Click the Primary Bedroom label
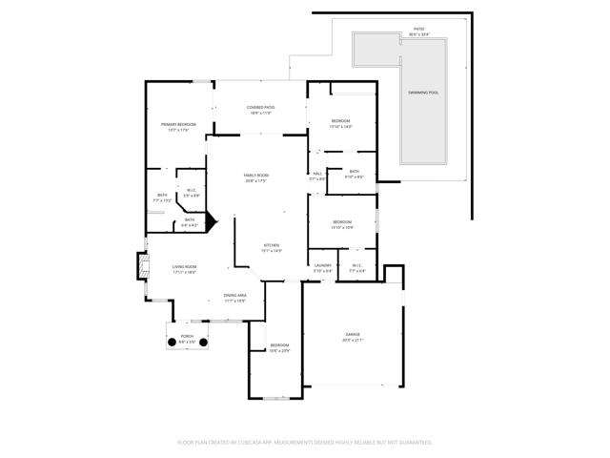click(178, 126)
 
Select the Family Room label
click(255, 177)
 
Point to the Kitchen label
click(272, 246)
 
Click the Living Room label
click(184, 268)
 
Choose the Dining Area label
click(235, 297)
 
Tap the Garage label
click(353, 335)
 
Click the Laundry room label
click(323, 266)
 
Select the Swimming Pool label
click(423, 93)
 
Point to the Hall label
click(317, 174)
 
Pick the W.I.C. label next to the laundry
click(356, 266)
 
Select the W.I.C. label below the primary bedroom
click(192, 190)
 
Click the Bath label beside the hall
click(354, 172)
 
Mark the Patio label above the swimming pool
click(419, 30)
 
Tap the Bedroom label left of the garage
click(279, 345)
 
